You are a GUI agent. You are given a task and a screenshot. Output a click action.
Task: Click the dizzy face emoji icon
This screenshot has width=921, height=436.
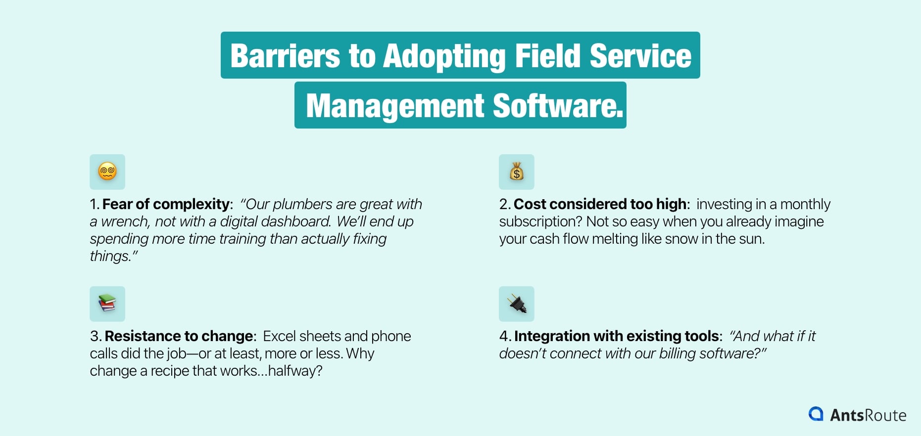(107, 172)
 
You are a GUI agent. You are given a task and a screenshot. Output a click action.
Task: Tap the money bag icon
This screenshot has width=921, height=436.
(517, 172)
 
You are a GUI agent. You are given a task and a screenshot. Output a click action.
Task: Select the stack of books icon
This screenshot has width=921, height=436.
(107, 304)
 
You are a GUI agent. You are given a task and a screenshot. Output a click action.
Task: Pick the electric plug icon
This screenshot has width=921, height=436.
(517, 304)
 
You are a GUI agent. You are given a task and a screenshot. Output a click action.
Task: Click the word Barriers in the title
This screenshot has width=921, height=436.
(285, 56)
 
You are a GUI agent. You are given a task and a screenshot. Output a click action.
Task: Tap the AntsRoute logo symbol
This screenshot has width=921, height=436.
(816, 414)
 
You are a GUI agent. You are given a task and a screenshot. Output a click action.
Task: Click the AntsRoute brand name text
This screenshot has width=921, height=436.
(868, 415)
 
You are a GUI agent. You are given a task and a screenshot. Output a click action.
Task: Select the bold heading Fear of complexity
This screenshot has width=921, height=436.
(166, 204)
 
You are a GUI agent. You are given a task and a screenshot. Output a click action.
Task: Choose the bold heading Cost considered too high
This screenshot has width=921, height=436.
(600, 204)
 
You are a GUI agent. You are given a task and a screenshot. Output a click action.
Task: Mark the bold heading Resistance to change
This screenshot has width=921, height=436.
(179, 336)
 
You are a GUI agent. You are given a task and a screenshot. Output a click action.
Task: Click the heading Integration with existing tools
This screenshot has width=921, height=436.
(616, 336)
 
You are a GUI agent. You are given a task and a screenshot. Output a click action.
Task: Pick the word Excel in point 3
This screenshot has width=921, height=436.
(279, 336)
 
